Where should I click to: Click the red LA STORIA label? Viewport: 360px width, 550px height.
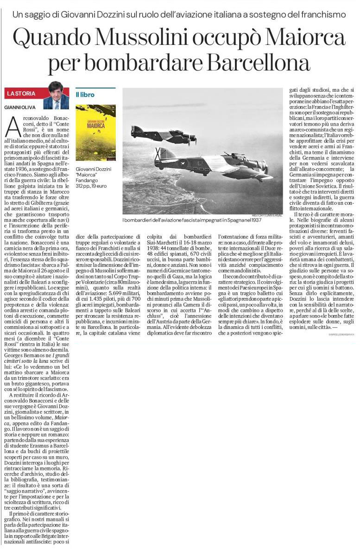pos(21,94)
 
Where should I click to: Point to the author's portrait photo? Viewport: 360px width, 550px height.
pos(56,95)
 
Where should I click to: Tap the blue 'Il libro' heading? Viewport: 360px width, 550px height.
pos(85,95)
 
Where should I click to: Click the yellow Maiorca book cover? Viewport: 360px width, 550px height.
pos(95,126)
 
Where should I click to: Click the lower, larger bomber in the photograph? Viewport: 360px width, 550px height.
pos(218,164)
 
